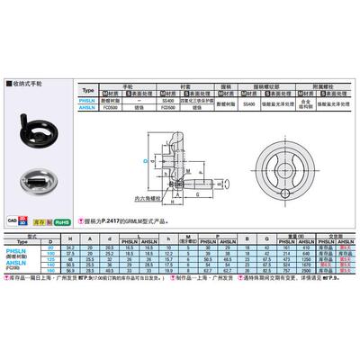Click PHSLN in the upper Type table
pos(112,102)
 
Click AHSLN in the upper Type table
pos(112,108)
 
